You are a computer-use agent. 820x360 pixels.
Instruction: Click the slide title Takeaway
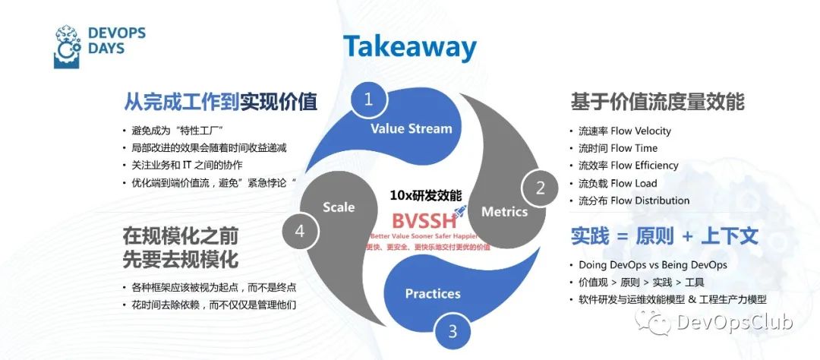coord(409,46)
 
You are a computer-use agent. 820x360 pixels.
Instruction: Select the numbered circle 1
coord(369,99)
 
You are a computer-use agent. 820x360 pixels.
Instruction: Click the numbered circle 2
coord(541,188)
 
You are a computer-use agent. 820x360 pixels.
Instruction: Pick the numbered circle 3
coord(453,331)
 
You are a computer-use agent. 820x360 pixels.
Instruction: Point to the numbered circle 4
coord(299,231)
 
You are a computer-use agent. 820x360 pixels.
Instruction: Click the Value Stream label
coord(411,128)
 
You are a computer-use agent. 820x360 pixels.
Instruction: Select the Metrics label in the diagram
coord(504,211)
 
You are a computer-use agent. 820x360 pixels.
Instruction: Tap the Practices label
coord(433,293)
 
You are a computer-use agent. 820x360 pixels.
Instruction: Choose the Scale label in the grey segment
coord(339,207)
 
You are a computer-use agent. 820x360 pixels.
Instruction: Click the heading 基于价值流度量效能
coord(657,102)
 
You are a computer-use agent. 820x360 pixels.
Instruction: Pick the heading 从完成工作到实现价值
coord(220,101)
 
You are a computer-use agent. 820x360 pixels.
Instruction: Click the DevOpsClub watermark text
coord(733,323)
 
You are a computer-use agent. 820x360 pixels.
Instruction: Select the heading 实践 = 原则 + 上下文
coord(664,235)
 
